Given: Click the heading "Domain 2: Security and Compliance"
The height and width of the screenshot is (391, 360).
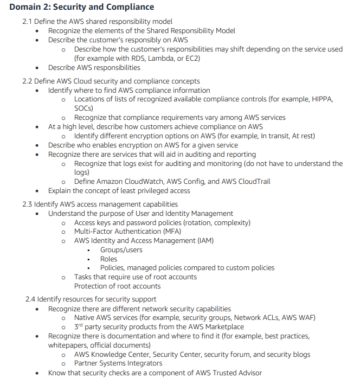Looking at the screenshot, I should click(x=81, y=7).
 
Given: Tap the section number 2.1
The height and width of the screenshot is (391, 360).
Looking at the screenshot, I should click(x=28, y=22).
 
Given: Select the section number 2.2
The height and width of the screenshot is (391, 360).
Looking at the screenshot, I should click(x=28, y=81).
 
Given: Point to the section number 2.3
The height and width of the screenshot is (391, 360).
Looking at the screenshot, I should click(x=28, y=204).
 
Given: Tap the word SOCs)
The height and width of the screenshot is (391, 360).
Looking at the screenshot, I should click(x=84, y=108).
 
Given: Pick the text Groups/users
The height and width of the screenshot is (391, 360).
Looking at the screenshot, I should click(x=121, y=250).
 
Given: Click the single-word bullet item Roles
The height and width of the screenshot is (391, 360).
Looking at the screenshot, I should click(x=109, y=259).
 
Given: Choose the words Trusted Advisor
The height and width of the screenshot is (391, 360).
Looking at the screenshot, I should click(x=237, y=373).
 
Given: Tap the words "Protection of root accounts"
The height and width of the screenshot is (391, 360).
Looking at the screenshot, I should click(x=117, y=286).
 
